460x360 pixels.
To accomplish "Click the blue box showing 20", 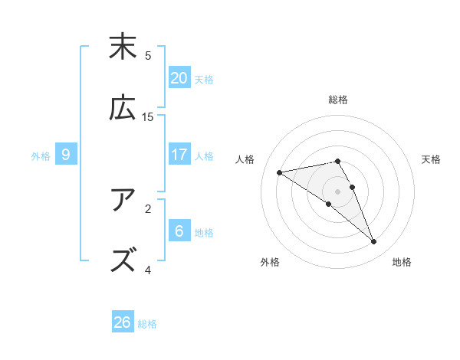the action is [x=179, y=78].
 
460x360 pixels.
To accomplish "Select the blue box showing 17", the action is [x=179, y=155].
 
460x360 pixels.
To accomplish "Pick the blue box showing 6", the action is [x=179, y=231].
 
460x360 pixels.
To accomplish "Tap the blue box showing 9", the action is [x=66, y=155].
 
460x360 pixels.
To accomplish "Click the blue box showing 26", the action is [x=123, y=322].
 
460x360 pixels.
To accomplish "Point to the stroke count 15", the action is [x=148, y=116].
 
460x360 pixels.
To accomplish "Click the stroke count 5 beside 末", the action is [x=148, y=55].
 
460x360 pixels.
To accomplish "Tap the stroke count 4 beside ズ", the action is [x=148, y=270].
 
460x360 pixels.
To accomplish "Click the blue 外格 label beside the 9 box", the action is [x=41, y=155].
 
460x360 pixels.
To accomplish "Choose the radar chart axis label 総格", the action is [x=338, y=100].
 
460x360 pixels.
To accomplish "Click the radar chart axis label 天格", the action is [x=432, y=159].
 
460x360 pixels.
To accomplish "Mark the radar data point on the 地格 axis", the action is [x=374, y=242].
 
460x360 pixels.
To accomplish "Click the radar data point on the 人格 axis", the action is [x=280, y=172].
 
